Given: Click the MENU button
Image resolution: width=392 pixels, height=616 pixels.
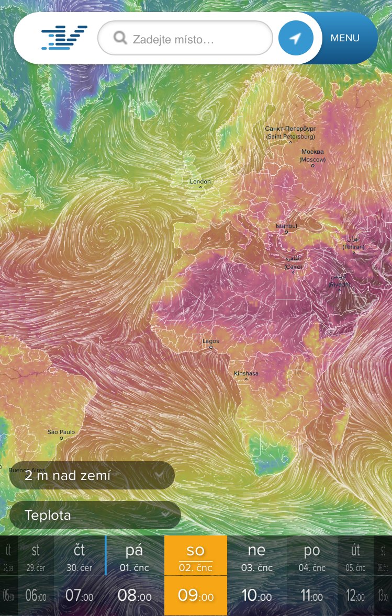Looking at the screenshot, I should pos(345,38).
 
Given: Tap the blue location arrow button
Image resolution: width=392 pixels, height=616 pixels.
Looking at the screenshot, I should pos(296,38).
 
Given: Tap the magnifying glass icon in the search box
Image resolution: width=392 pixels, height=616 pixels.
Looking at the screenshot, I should pos(120,38).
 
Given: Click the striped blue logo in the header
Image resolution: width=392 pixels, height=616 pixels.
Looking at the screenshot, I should pos(64,38).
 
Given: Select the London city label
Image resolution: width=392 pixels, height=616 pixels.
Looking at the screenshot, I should pos(200,181).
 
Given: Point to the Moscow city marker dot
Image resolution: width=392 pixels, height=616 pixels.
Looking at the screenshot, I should pos(313,166).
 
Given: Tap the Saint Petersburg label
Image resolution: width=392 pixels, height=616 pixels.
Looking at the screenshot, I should pos(290,132).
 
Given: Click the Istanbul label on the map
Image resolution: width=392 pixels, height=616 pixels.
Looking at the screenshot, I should pos(286,226).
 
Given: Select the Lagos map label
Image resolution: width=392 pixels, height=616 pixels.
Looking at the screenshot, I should pos(211,341).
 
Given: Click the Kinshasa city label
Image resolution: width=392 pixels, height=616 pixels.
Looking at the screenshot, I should pos(246,373).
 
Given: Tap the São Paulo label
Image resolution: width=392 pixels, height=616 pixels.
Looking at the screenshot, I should pos(61,432).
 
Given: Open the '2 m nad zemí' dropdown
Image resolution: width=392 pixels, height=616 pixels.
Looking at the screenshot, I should pos(92,475).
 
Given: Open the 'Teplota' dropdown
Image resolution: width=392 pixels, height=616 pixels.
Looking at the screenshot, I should pos(95,515).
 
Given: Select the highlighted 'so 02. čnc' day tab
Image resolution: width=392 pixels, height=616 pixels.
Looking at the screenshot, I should pos(196,555).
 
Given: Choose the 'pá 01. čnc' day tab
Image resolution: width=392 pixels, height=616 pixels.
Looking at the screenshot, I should pos(135,555).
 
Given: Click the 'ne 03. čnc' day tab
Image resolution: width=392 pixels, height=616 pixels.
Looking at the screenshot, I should pos(256,555).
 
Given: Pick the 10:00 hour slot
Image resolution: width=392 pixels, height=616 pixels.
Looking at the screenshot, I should pos(256,595).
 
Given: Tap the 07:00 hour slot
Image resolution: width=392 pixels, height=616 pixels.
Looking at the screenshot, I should pos(80,595).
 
